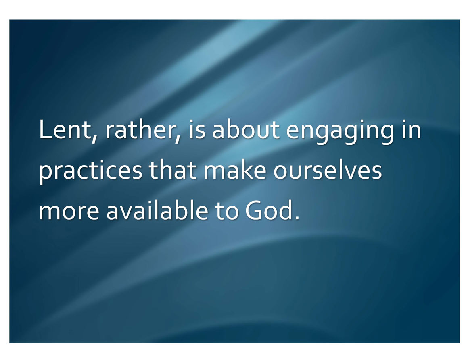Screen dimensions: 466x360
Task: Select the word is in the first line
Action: pyautogui.click(x=197, y=129)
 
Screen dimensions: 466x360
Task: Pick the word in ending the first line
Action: pyautogui.click(x=411, y=129)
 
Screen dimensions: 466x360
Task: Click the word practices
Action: pyautogui.click(x=91, y=171)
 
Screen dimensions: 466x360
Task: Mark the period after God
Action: pyautogui.click(x=297, y=218)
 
